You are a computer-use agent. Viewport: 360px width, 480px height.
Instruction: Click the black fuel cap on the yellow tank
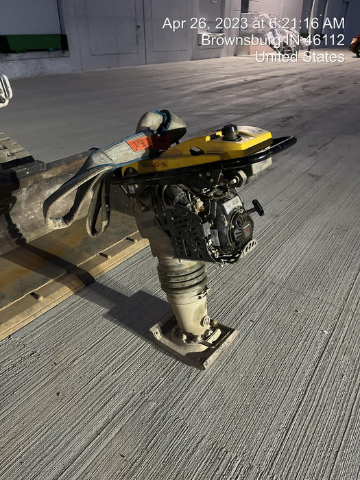[x=230, y=131]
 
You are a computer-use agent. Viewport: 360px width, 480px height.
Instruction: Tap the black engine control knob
[x=257, y=207]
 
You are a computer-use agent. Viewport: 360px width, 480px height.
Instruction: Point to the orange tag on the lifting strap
[x=139, y=143]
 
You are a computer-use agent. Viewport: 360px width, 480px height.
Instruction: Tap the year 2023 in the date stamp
[x=231, y=24]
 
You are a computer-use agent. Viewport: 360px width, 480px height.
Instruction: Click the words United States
[x=300, y=57]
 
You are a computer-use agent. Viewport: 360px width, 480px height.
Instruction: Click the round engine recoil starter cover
[x=240, y=230]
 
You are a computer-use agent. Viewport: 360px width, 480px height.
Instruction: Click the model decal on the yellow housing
[x=154, y=165]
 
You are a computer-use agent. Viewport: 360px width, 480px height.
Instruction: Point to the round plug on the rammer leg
[x=205, y=322]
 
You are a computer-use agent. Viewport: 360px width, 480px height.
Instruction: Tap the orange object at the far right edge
[x=355, y=45]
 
